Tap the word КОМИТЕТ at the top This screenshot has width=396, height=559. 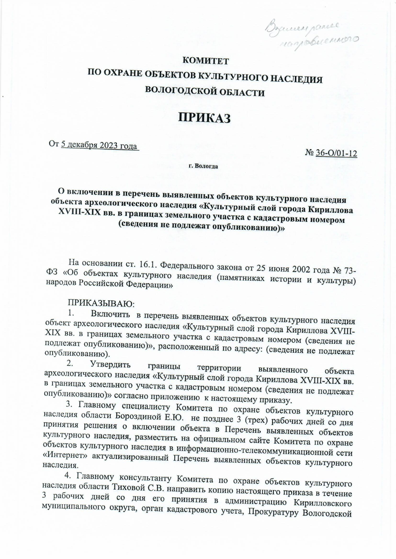pyautogui.click(x=206, y=61)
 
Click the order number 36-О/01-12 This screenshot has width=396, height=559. pyautogui.click(x=336, y=154)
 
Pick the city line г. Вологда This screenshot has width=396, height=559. pyautogui.click(x=203, y=166)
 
